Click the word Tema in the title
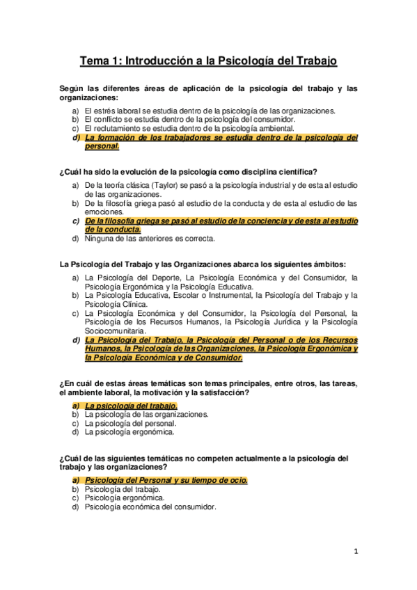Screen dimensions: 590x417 (x=94, y=61)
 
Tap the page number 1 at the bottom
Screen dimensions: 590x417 (x=355, y=552)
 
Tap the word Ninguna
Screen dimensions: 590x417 (x=100, y=239)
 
